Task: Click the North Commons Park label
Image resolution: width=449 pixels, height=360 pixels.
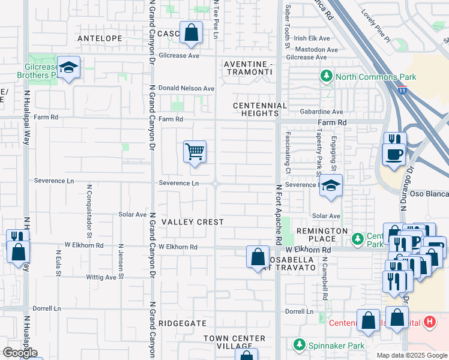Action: (x=367, y=77)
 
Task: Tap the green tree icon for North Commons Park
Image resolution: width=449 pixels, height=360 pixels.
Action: (x=327, y=76)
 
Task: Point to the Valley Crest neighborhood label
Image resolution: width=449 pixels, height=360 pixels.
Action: (x=191, y=222)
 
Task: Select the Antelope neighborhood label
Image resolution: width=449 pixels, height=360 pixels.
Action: (x=100, y=38)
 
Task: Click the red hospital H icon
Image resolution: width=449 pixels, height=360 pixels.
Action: (x=429, y=322)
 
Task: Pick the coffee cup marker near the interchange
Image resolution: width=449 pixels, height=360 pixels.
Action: (x=394, y=154)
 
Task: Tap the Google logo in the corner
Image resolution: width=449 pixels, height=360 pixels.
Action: (x=20, y=353)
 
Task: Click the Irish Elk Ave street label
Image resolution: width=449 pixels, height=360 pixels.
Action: (x=308, y=38)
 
